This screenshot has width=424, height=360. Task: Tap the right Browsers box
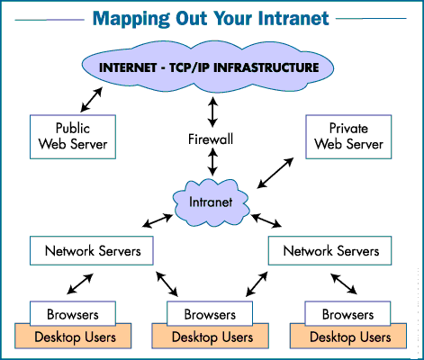click(x=347, y=315)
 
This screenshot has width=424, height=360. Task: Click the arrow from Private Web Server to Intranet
click(x=276, y=173)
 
